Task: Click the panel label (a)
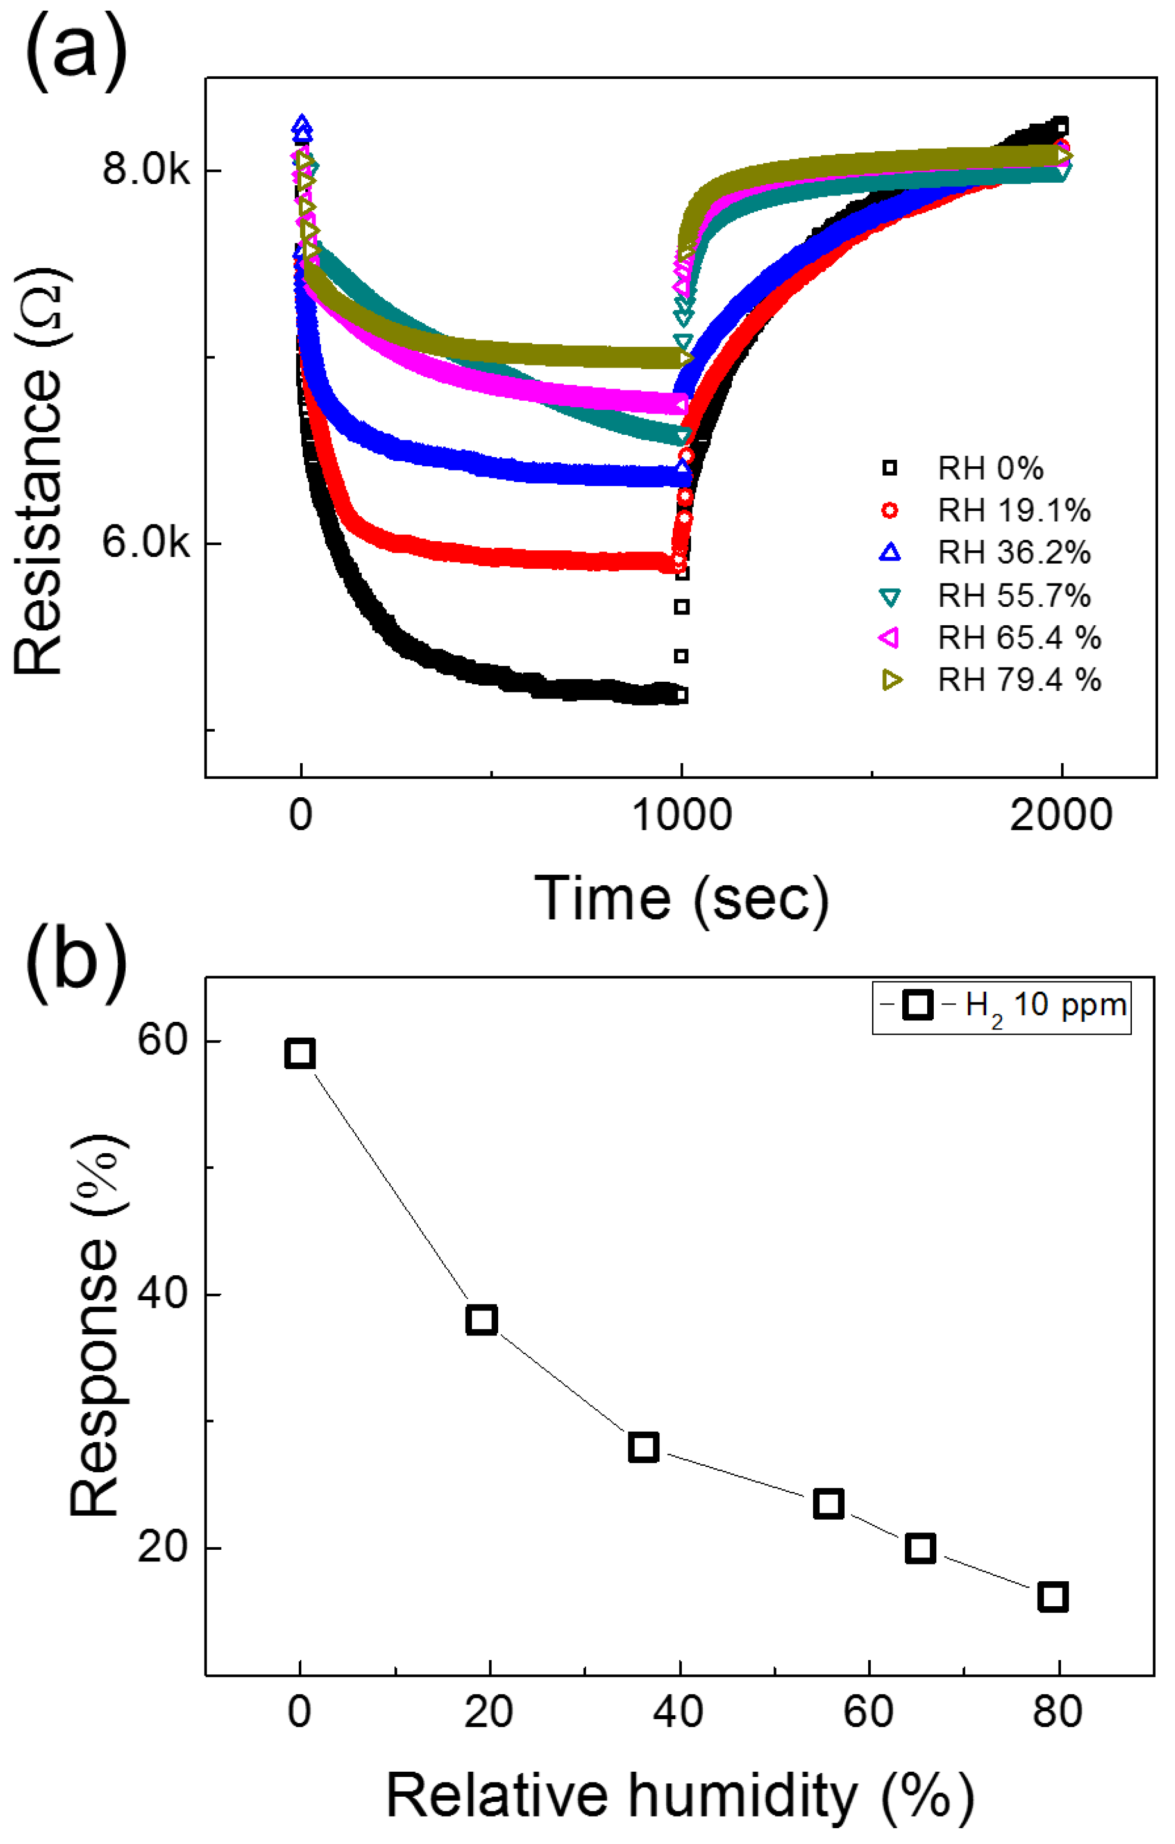pyautogui.click(x=76, y=50)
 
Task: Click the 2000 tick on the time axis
pyautogui.click(x=1060, y=816)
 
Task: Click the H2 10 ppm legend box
pyautogui.click(x=1001, y=1005)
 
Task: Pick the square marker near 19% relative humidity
pyautogui.click(x=481, y=1320)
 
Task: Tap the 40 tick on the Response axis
pyautogui.click(x=162, y=1294)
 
